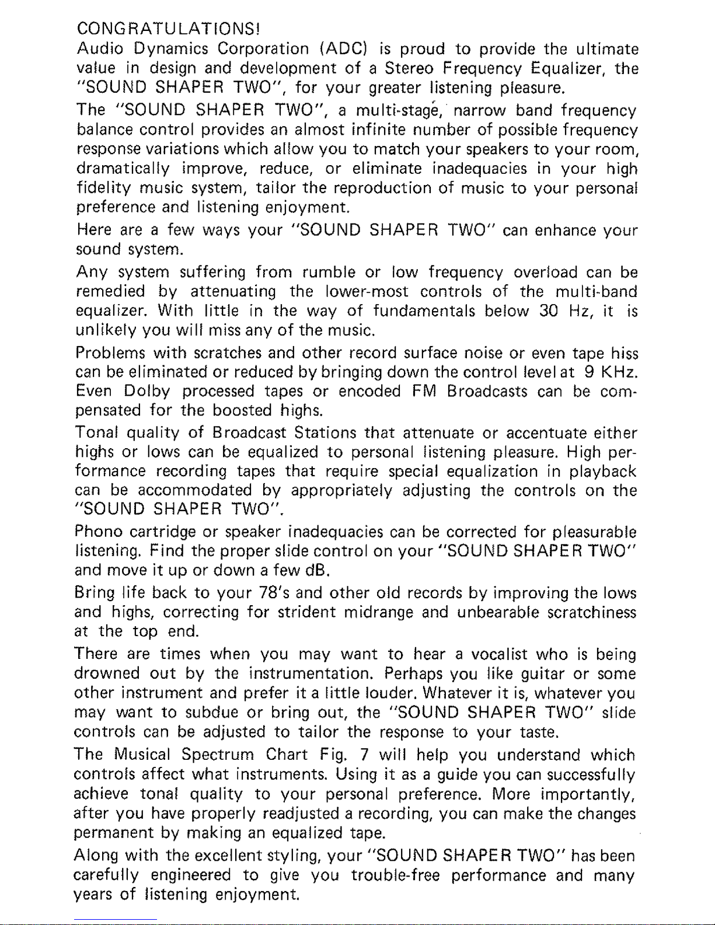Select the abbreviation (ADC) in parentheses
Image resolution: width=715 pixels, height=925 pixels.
point(344,48)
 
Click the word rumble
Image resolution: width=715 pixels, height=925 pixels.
point(329,272)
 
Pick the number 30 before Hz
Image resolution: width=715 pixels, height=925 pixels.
point(550,312)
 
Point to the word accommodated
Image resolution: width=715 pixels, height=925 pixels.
point(196,491)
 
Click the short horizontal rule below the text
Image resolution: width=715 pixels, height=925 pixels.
point(116,919)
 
